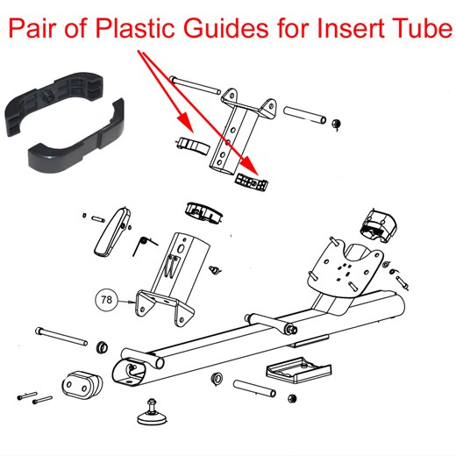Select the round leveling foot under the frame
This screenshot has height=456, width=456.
pos(154,409)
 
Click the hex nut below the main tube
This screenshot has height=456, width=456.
pos(215,381)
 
